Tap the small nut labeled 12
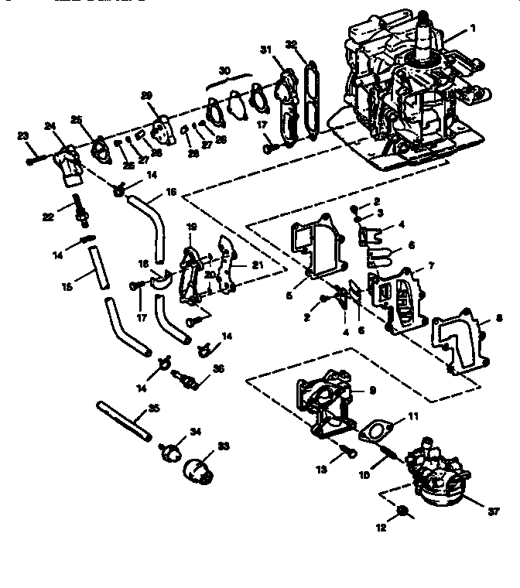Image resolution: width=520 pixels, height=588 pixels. (x=403, y=511)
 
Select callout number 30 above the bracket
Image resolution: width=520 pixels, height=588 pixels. (x=225, y=70)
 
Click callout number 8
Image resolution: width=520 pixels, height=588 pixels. (x=498, y=317)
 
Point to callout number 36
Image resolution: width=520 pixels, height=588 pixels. (x=218, y=369)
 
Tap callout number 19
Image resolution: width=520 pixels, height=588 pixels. (x=191, y=227)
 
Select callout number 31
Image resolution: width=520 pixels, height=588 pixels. (x=265, y=50)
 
